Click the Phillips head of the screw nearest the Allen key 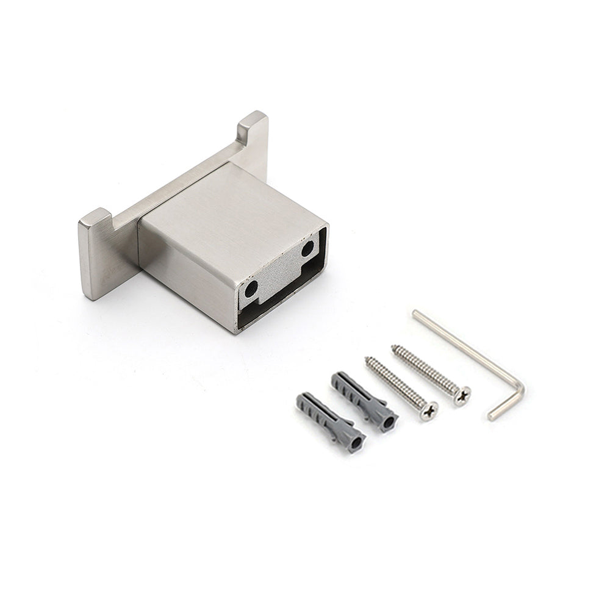tap(461, 396)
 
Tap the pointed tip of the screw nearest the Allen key tap(394, 348)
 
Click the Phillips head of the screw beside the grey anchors tap(428, 411)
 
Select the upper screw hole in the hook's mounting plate tap(307, 248)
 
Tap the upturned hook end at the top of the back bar tap(253, 125)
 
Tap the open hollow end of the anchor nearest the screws tap(388, 422)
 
